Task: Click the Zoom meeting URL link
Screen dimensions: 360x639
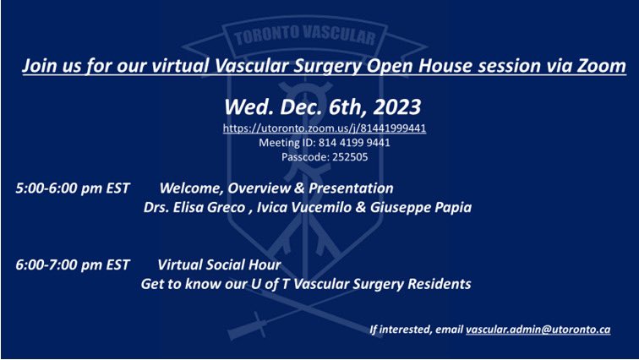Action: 325,128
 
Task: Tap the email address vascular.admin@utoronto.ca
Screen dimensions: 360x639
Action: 538,330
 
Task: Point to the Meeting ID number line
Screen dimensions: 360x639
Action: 325,142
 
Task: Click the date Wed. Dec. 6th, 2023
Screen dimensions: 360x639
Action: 325,107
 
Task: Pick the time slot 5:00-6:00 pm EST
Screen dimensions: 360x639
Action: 73,187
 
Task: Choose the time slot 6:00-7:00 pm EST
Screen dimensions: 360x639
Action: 73,265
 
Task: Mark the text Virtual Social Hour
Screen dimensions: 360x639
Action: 219,265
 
